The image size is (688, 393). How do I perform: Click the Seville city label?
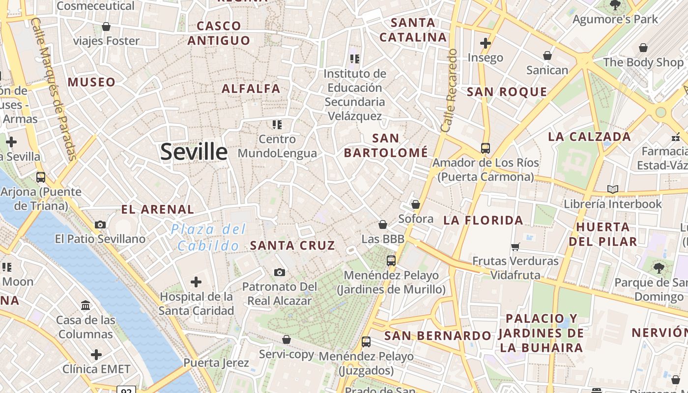point(194,152)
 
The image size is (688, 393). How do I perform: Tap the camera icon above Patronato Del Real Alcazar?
point(279,272)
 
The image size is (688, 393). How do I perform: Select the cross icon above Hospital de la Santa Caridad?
point(196,281)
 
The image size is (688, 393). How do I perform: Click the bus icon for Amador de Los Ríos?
point(486,148)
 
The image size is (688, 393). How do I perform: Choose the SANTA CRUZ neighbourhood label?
point(293,245)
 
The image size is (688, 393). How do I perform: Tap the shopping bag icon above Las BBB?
point(383,225)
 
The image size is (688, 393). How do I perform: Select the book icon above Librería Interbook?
point(612,189)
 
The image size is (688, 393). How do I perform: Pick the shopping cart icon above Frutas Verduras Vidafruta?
point(516,247)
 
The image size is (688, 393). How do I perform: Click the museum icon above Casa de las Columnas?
point(86,306)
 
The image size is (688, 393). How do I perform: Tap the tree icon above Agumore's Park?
point(615,5)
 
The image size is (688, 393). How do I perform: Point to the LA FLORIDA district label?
point(483,220)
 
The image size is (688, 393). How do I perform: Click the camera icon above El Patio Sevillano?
point(100,225)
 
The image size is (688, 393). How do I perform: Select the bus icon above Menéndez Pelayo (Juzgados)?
point(366,341)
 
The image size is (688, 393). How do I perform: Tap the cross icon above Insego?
point(486,43)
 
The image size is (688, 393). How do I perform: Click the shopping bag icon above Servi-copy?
point(287,339)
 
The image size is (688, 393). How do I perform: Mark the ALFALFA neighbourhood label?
point(251,89)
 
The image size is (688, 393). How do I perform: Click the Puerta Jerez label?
point(216,363)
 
